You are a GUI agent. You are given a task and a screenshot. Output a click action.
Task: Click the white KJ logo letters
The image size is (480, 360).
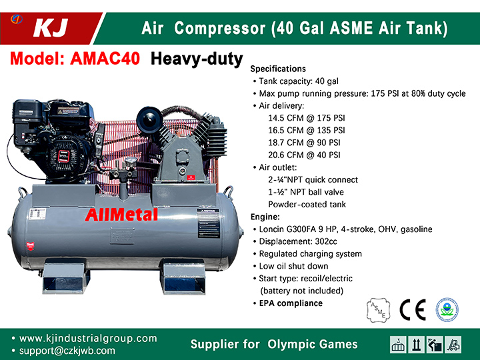coord(51,28)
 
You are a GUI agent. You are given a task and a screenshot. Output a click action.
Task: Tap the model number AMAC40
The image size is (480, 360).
coord(105,58)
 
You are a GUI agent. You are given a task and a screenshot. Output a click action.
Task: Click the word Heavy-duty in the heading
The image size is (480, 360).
coord(197,59)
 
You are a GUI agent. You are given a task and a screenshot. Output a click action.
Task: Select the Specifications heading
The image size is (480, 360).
coord(278,69)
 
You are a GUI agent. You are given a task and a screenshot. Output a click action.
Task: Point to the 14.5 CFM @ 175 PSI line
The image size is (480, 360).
coord(307,118)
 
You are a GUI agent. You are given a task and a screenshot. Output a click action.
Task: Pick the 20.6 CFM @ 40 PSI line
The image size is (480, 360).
coord(304,155)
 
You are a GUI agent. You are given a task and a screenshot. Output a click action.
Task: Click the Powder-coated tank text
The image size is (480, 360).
coord(307,204)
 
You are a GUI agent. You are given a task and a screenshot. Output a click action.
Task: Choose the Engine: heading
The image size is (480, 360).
coord(265,217)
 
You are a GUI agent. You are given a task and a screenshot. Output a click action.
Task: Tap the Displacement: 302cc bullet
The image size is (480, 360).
coord(298,241)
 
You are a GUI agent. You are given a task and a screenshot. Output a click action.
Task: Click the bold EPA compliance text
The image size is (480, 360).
coord(291,303)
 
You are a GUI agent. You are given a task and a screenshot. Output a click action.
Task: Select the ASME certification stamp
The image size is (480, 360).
coord(379,310)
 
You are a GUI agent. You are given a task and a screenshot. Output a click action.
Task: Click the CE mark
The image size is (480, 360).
coord(413,310)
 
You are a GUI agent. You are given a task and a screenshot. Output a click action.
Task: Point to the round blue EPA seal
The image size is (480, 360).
coord(447,309)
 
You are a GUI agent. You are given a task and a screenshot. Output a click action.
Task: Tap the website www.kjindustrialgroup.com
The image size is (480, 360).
coord(88,338)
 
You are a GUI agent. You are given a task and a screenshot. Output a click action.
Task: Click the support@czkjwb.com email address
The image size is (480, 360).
coord(67,351)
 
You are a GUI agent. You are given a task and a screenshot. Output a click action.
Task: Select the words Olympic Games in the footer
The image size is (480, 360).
coord(312,344)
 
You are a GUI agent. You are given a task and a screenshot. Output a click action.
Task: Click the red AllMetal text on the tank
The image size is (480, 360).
coord(121,215)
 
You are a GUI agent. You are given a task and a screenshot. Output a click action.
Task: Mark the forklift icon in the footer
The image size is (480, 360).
coord(453,345)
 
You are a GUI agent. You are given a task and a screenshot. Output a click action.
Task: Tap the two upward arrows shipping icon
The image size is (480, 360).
coord(416,345)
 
